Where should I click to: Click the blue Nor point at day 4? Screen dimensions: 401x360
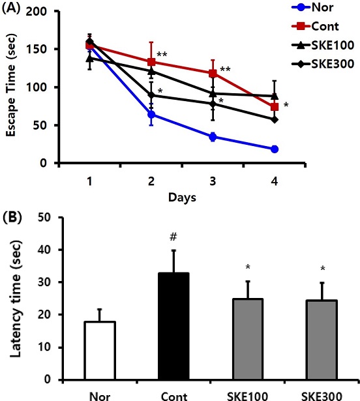click(275, 149)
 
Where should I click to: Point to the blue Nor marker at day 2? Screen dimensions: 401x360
click(151, 115)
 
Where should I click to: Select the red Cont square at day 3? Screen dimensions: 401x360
click(213, 74)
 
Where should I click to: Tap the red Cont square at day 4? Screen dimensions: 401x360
click(275, 106)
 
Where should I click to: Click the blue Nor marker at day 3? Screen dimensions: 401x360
click(213, 137)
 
